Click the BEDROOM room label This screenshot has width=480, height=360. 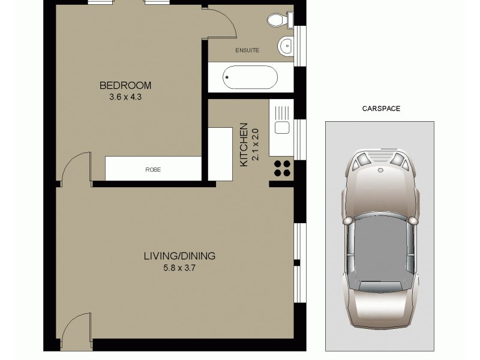[125, 85]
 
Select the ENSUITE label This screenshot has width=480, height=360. [247, 50]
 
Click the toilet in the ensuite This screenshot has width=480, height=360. [278, 20]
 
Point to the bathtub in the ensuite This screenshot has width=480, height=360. [250, 77]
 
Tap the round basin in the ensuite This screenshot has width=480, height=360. [286, 44]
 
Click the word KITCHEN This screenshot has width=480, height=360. [244, 145]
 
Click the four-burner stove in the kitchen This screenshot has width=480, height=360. [282, 168]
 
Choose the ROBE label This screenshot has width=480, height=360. [153, 170]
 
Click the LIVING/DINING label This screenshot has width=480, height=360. [179, 256]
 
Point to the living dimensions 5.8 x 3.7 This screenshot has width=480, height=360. [179, 268]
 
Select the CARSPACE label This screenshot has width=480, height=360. [381, 109]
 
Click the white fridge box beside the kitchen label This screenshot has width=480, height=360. [220, 154]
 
